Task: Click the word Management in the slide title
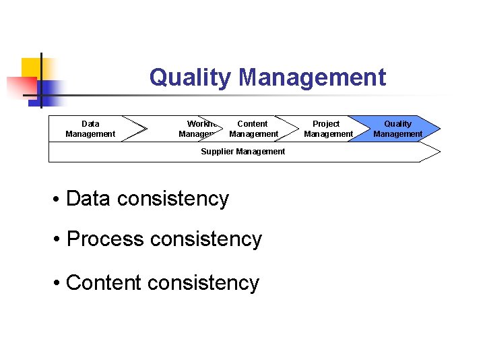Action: pyautogui.click(x=312, y=78)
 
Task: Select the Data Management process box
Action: pyautogui.click(x=90, y=129)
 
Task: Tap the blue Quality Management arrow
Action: pyautogui.click(x=397, y=129)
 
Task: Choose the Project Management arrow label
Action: pyautogui.click(x=327, y=129)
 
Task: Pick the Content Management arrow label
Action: pyautogui.click(x=253, y=129)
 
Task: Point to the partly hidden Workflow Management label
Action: pyautogui.click(x=197, y=129)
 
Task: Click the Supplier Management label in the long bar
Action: pyautogui.click(x=243, y=152)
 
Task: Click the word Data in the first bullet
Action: pyautogui.click(x=89, y=199)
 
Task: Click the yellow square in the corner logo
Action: pyautogui.click(x=30, y=67)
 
